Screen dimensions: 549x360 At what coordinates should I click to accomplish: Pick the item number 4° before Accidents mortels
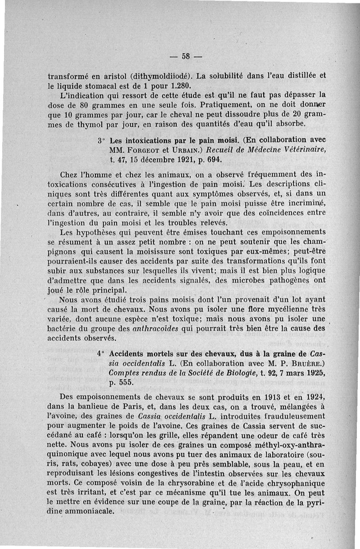click(101, 353)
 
